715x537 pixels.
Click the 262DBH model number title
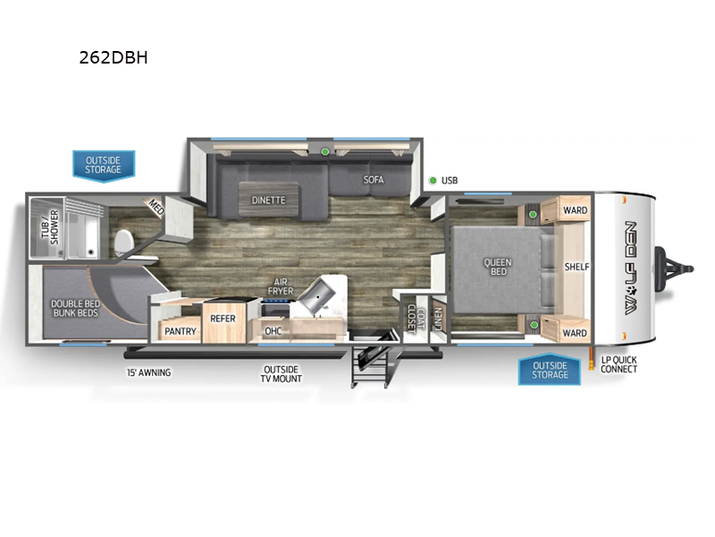tap(114, 57)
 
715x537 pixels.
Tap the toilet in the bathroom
tap(122, 243)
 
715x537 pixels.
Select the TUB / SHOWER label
tap(50, 227)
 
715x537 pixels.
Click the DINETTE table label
tap(269, 200)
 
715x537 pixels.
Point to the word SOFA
tap(374, 180)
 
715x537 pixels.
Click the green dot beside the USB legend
tap(433, 181)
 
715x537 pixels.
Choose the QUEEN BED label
tap(498, 267)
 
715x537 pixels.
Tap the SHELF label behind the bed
tap(576, 267)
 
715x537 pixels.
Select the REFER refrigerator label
tap(223, 319)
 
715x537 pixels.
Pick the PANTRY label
tap(181, 331)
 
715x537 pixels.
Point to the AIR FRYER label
tap(281, 286)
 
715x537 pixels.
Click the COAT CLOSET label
tap(416, 318)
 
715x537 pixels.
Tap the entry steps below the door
tap(372, 362)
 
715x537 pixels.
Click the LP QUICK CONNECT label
tap(618, 364)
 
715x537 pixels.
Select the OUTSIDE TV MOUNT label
tap(281, 374)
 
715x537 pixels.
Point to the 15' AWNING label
tap(149, 372)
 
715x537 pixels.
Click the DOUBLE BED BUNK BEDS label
tap(76, 308)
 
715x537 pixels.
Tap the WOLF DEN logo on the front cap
tap(630, 268)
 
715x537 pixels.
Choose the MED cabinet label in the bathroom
tap(156, 208)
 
